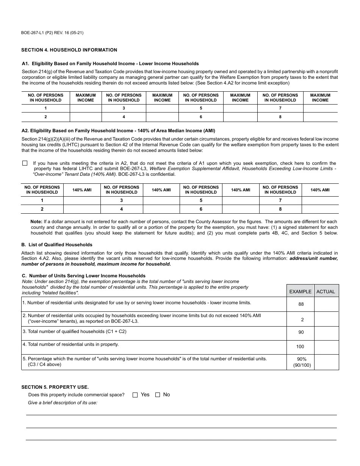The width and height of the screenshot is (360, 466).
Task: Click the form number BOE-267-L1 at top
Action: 52,33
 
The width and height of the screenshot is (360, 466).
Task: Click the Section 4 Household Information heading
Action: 69,50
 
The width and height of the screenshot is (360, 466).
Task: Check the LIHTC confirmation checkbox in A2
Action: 25,163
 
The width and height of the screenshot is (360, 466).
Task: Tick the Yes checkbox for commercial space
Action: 135,395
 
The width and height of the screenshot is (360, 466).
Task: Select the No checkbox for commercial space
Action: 158,395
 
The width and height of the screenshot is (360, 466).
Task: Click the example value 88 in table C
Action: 301,304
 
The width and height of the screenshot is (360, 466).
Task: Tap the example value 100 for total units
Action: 300,347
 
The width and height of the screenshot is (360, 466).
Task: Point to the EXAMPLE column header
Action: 300,291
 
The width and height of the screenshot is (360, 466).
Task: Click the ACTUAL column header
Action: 326,291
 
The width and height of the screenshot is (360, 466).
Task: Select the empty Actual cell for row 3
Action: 326,333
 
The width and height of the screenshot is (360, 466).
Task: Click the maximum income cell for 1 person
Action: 86,108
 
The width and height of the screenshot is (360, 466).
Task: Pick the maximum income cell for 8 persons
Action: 320,117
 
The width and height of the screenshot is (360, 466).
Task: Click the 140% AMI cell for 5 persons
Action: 241,201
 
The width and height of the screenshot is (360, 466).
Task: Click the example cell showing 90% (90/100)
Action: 302,362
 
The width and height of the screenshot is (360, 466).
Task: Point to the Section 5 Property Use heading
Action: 55,387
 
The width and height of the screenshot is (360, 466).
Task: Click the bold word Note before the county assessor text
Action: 36,222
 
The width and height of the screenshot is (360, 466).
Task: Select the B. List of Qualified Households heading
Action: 57,245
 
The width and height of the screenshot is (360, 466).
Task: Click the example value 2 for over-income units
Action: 302,320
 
